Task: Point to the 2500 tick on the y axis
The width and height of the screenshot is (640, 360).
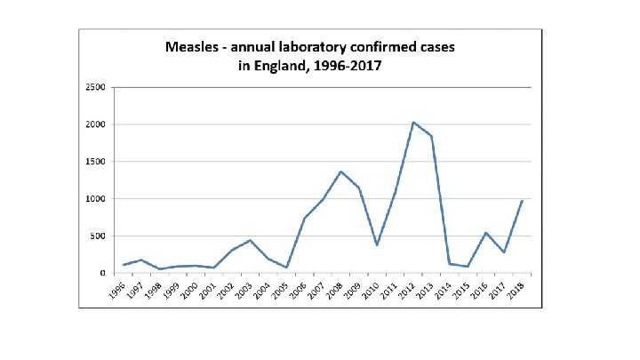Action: pyautogui.click(x=95, y=87)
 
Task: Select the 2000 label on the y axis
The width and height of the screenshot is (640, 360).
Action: pyautogui.click(x=95, y=124)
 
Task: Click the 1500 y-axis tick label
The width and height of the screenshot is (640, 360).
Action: pyautogui.click(x=95, y=162)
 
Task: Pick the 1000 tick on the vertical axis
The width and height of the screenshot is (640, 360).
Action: pyautogui.click(x=95, y=199)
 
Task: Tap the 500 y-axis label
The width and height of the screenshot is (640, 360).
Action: pyautogui.click(x=97, y=236)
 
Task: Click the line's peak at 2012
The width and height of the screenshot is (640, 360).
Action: pyautogui.click(x=413, y=122)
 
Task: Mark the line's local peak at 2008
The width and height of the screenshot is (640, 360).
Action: pyautogui.click(x=341, y=172)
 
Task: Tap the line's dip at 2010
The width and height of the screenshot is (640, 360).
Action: pyautogui.click(x=377, y=245)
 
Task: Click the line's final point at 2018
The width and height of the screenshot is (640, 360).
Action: pyautogui.click(x=522, y=201)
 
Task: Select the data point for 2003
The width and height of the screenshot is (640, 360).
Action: pyautogui.click(x=251, y=240)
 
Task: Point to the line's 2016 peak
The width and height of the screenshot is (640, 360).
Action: pyautogui.click(x=485, y=233)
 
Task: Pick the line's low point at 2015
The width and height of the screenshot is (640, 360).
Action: pyautogui.click(x=468, y=267)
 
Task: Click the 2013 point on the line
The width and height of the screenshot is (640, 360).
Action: pyautogui.click(x=431, y=135)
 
